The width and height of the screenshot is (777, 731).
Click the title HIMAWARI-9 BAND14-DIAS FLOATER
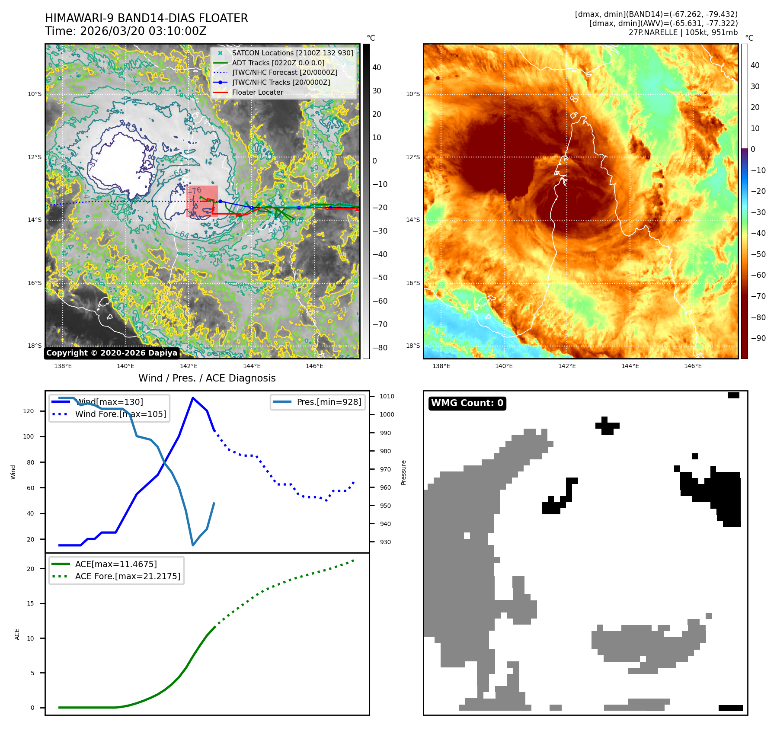146,18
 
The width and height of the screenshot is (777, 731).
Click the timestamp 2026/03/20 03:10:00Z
143,31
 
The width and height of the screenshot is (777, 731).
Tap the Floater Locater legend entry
257,92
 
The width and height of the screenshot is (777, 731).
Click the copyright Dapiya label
112,353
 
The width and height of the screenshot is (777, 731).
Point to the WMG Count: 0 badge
467,403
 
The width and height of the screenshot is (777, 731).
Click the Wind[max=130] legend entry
109,402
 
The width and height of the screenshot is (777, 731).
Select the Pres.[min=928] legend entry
329,402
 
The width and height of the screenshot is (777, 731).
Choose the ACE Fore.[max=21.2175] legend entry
128,576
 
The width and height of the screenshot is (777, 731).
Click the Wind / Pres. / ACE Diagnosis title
207,378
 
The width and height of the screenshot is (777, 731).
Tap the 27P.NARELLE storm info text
683,32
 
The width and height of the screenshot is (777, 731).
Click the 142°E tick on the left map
189,366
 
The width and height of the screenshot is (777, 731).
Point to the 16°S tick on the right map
412,283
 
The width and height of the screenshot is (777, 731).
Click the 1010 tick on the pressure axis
387,396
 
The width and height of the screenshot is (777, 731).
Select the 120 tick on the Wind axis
29,411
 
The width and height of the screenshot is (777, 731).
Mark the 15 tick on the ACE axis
30,603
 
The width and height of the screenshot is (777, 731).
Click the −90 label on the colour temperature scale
758,338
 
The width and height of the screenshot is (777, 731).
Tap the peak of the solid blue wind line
192,398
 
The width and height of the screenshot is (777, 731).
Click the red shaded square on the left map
202,201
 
